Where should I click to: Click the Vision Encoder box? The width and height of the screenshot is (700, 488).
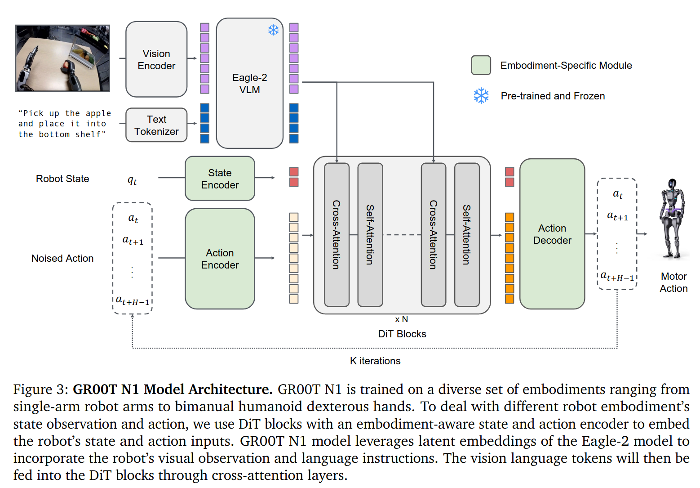point(156,59)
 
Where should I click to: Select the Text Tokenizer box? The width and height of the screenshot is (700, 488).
point(156,125)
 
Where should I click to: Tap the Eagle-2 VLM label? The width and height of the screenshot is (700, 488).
point(250,84)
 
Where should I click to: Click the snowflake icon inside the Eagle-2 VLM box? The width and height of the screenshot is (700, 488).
point(273,30)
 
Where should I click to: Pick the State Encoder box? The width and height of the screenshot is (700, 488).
point(220,179)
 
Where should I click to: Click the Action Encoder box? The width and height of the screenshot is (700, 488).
point(220,259)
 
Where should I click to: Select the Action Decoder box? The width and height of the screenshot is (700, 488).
point(552,234)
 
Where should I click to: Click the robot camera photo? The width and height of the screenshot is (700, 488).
point(62,58)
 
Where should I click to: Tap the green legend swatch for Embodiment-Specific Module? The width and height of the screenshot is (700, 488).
point(481,65)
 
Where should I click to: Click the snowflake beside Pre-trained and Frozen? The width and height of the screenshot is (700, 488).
point(481,96)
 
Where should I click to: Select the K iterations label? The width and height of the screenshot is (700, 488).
point(375,361)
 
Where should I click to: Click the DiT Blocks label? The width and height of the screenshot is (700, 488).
point(402,334)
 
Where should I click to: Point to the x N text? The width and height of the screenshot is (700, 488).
point(402,319)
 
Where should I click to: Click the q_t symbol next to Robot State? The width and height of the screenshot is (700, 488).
point(132,180)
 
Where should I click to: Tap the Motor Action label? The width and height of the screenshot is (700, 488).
point(674,282)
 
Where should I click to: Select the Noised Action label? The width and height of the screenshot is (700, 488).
point(62,258)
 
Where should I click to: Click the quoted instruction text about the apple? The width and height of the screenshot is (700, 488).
point(65,124)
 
